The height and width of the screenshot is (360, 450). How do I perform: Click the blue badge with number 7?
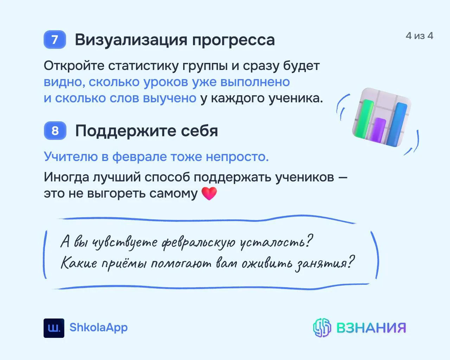click(55, 39)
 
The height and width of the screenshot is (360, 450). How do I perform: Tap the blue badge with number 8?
click(55, 130)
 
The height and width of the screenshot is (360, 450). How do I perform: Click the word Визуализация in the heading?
click(131, 40)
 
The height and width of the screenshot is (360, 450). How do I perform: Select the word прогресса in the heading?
click(233, 41)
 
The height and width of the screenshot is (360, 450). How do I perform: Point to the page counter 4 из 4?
click(419, 36)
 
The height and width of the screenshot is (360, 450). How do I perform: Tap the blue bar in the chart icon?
click(396, 124)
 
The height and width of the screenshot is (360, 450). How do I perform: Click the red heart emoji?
click(209, 193)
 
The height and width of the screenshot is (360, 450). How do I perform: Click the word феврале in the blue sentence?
click(140, 156)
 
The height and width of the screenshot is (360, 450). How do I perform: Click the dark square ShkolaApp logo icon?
click(54, 328)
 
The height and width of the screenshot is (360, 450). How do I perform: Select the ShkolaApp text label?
click(98, 328)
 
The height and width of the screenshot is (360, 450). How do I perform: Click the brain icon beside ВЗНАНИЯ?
click(322, 328)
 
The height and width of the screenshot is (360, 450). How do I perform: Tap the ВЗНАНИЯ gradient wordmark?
click(371, 328)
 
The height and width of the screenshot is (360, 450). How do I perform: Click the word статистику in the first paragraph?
click(143, 66)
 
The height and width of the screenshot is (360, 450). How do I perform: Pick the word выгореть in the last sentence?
click(116, 193)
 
